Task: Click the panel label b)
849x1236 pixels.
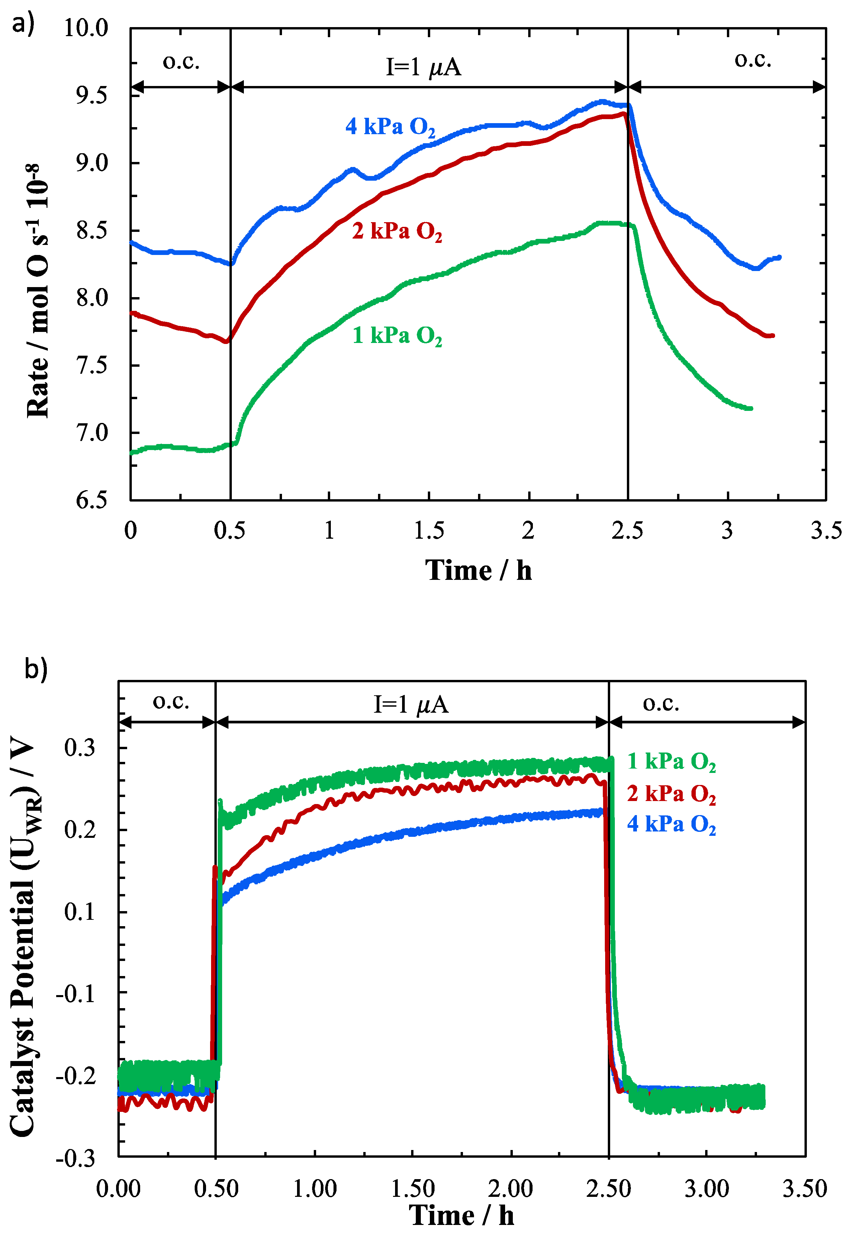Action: pyautogui.click(x=36, y=668)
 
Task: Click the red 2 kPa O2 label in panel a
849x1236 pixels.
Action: pyautogui.click(x=397, y=232)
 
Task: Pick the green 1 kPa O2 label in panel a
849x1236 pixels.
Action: pyautogui.click(x=397, y=336)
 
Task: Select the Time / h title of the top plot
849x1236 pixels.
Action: pyautogui.click(x=478, y=570)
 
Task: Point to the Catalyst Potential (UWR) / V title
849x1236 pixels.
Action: pyautogui.click(x=22, y=937)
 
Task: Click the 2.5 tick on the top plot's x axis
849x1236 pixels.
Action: pyautogui.click(x=627, y=530)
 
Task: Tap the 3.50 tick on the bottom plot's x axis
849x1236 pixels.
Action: pyautogui.click(x=804, y=1188)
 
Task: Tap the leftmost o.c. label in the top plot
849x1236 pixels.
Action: pyautogui.click(x=181, y=62)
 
